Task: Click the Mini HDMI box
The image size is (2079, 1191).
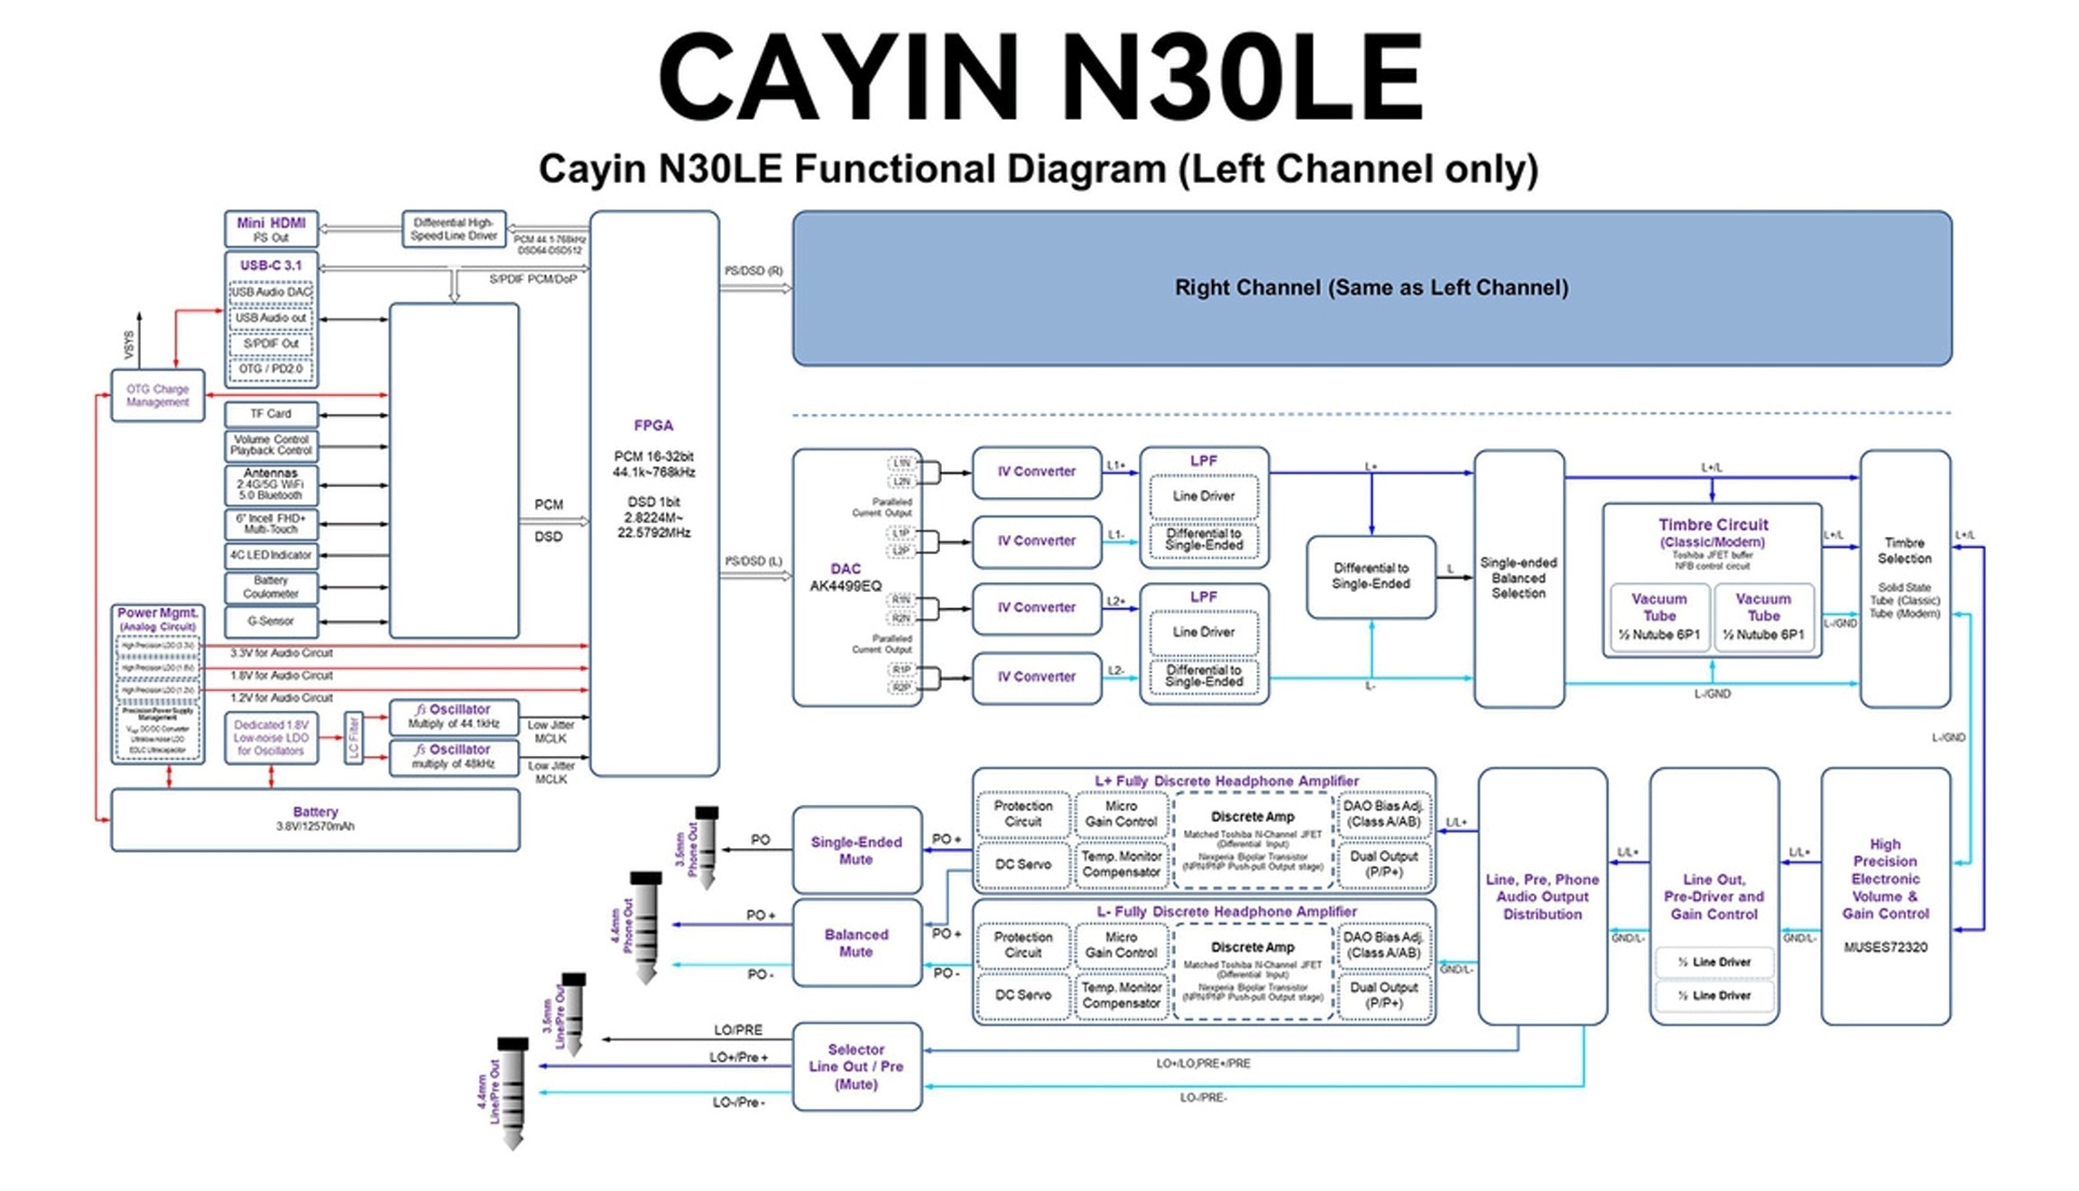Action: pyautogui.click(x=271, y=229)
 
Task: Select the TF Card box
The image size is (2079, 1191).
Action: pyautogui.click(x=271, y=414)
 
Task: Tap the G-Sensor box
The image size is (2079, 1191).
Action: pyautogui.click(x=271, y=622)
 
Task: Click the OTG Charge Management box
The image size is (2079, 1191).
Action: pyautogui.click(x=158, y=396)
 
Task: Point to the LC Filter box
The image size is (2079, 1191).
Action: pyautogui.click(x=354, y=737)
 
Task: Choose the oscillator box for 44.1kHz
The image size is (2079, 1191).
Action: pyautogui.click(x=454, y=716)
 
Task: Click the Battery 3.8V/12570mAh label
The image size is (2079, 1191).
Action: pyautogui.click(x=315, y=818)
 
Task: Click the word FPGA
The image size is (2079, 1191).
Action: pyautogui.click(x=653, y=426)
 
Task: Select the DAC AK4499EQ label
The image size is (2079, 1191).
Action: pyautogui.click(x=845, y=577)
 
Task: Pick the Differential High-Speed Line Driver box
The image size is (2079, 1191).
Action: pyautogui.click(x=454, y=229)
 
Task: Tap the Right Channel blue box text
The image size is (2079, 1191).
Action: pyautogui.click(x=1371, y=288)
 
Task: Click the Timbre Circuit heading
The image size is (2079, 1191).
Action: pyautogui.click(x=1713, y=525)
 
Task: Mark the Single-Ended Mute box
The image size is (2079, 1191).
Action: pyautogui.click(x=856, y=850)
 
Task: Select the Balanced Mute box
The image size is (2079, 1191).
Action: pyautogui.click(x=856, y=943)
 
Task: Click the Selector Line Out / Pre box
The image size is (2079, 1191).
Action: pyautogui.click(x=856, y=1066)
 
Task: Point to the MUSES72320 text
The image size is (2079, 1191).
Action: pyautogui.click(x=1885, y=947)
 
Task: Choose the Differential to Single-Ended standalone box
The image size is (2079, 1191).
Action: pyautogui.click(x=1371, y=577)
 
